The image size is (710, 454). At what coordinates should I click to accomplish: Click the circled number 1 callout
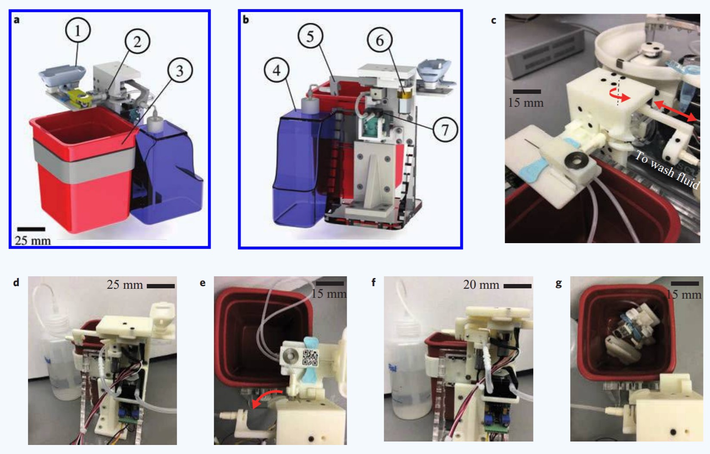(77, 31)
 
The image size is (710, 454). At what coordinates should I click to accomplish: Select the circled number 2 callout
(137, 41)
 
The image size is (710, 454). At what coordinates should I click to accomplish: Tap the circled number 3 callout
(180, 71)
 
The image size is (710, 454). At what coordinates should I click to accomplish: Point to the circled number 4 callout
(276, 70)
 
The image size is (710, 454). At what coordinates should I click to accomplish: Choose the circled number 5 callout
(310, 36)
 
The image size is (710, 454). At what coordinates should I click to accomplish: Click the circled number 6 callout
(380, 40)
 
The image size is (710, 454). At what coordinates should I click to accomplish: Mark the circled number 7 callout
(445, 130)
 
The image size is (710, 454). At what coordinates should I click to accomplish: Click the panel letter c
(494, 21)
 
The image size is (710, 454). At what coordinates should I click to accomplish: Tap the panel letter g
(559, 283)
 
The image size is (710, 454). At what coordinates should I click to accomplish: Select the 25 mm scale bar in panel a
(31, 229)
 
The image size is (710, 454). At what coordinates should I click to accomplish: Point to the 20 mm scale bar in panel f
(517, 286)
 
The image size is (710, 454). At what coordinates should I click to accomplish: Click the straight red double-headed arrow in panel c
(675, 111)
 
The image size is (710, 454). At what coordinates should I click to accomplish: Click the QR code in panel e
(310, 358)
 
